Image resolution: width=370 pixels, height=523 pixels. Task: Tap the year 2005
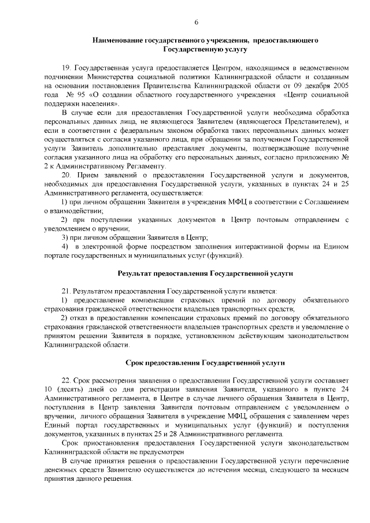click(341, 86)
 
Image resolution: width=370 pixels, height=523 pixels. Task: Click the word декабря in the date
click(317, 86)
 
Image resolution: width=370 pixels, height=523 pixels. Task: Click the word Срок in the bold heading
click(134, 362)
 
